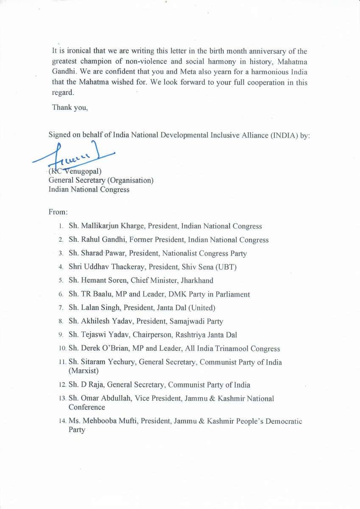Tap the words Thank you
[x=70, y=107]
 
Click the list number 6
[x=61, y=294]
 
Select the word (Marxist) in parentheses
[x=83, y=371]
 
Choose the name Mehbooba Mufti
[x=110, y=422]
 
